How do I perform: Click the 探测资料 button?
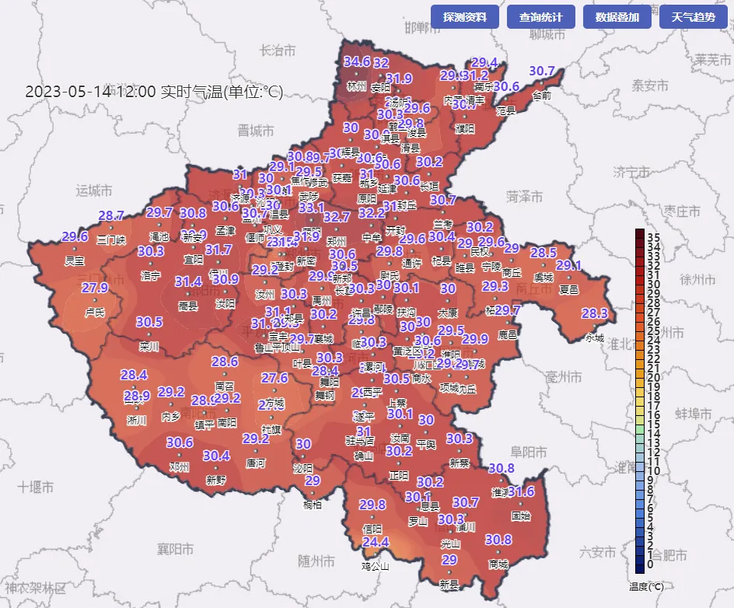464,16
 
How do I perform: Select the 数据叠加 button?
617,16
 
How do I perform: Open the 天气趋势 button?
693,16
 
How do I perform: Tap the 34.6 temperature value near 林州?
357,62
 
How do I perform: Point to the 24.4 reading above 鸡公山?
376,542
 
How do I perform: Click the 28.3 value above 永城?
595,314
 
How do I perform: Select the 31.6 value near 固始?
521,492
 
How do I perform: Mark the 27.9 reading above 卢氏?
95,288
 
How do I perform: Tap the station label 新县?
449,584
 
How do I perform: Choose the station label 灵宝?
75,260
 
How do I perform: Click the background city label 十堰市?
36,487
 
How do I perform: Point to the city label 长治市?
278,51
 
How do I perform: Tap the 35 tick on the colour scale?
653,236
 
